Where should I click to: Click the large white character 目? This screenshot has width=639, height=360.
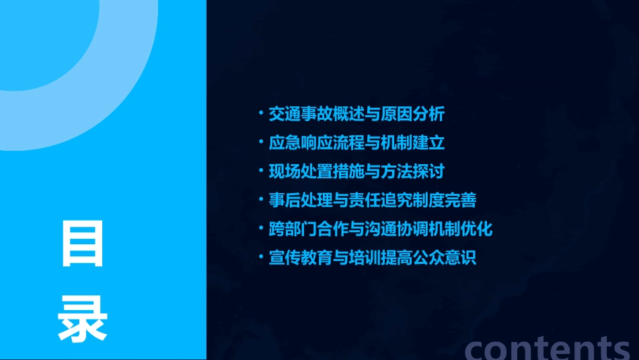(x=83, y=244)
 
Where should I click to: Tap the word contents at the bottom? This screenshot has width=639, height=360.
(x=548, y=347)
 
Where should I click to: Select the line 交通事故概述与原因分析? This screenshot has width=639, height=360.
(x=356, y=114)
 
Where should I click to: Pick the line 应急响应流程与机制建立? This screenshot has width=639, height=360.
(x=356, y=143)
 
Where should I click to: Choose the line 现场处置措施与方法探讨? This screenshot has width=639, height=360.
(x=356, y=172)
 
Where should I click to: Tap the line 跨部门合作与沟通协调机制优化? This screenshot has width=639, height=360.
(x=381, y=229)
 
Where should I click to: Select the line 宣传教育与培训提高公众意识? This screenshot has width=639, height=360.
(x=373, y=258)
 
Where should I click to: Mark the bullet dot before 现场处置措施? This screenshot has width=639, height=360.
(x=262, y=170)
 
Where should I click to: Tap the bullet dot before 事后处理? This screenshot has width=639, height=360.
(x=262, y=199)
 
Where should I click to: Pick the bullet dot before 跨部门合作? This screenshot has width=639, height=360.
(x=262, y=228)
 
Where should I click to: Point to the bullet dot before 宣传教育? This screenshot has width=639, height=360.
(x=262, y=257)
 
